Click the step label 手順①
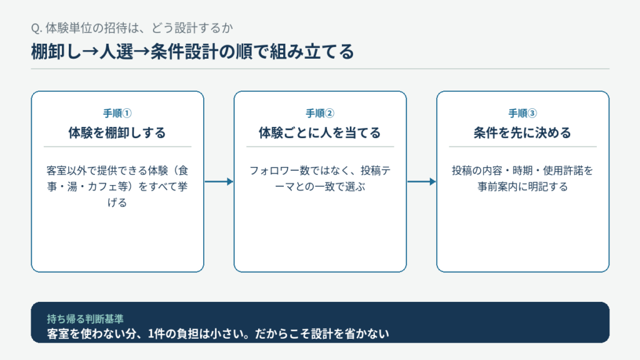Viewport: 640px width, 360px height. coord(117,113)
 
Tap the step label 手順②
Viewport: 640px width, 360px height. coord(320,113)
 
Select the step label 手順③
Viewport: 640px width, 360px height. coord(522,113)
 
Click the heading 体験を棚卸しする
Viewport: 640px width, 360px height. coord(117,132)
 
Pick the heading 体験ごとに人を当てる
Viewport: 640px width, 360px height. coord(320,132)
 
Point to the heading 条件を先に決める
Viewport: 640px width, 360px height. coord(522,132)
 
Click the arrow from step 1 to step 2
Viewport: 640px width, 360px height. coord(219,182)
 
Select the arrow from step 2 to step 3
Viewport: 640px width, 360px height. coord(422,182)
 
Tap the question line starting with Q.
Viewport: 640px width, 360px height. coord(132,27)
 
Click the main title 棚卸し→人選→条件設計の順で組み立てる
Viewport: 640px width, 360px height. coord(192,52)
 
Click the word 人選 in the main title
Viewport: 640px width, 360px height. coord(116,52)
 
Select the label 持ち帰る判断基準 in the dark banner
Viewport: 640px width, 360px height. coord(85,318)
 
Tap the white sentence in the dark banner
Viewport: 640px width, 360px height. coord(218,334)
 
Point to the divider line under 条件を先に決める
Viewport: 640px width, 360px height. coord(522,146)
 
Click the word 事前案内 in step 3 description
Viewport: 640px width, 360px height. coord(497,186)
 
